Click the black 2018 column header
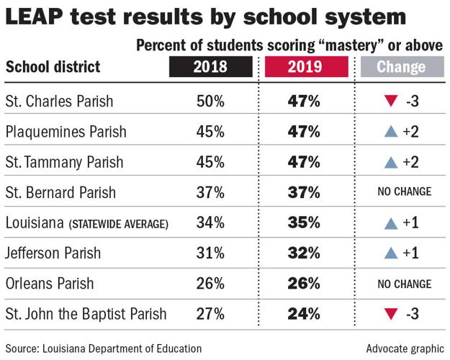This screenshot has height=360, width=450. pos(210,68)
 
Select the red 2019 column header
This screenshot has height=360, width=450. pos(303,68)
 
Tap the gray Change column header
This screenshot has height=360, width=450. pos(401,68)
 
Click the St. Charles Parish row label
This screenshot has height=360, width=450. pos(59,101)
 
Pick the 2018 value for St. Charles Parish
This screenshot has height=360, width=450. pos(210,101)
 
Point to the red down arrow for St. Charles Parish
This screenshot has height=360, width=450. pos(390,101)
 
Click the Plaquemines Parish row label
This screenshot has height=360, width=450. pos(66,132)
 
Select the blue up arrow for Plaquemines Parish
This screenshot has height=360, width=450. pos(390,132)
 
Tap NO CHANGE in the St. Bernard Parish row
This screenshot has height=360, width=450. pos(403,192)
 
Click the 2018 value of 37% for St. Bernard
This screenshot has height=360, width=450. pos(210,192)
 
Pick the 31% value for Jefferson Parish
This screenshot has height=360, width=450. pos(210,253)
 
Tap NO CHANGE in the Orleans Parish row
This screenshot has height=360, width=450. pos(403,284)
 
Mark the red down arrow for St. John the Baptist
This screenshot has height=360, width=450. pos(390,315)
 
